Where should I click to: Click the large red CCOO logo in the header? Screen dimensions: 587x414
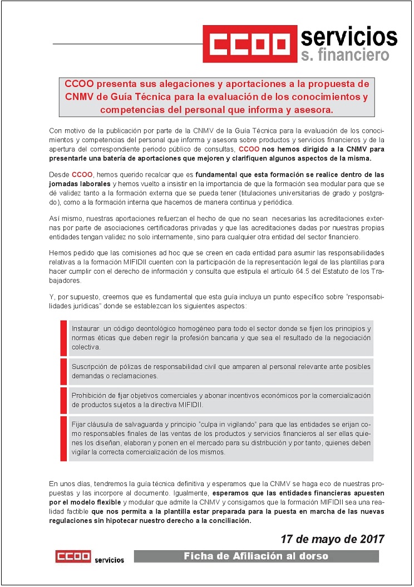[249, 44]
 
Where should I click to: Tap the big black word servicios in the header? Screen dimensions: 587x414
[349, 37]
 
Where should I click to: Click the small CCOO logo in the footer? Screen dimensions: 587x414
[73, 556]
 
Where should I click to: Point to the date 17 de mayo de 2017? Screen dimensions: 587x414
[332, 539]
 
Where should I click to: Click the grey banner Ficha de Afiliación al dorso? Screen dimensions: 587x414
[256, 556]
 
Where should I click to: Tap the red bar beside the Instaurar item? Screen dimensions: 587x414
[63, 337]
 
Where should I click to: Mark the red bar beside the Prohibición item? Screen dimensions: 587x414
[63, 400]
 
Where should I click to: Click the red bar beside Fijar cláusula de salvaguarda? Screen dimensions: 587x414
[63, 438]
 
